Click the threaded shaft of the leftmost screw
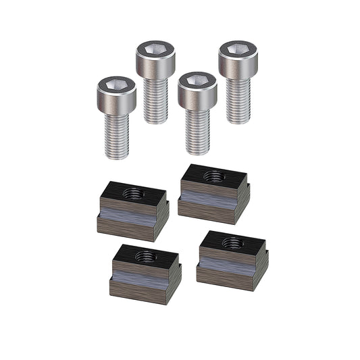tap(117, 135)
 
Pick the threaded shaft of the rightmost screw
tap(238, 100)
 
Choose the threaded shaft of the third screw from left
tap(198, 131)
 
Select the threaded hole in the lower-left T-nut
tap(145, 256)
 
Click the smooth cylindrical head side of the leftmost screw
tap(117, 102)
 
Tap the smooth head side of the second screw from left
tap(156, 67)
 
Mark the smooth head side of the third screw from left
tap(198, 99)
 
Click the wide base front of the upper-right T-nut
tap(205, 211)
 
